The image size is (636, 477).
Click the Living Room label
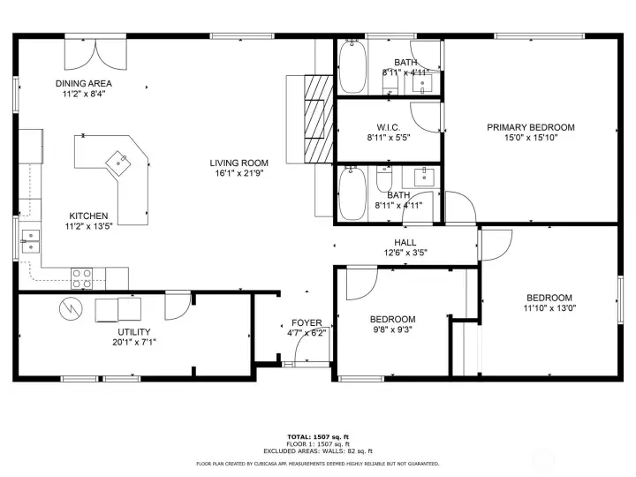(x=238, y=163)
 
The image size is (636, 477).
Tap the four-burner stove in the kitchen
(x=82, y=278)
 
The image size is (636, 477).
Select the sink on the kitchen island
(x=117, y=161)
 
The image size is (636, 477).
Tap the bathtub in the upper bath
(x=353, y=66)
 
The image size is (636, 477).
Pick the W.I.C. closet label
(x=390, y=126)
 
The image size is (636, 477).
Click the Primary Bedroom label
(x=530, y=127)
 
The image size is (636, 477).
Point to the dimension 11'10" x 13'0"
(x=549, y=309)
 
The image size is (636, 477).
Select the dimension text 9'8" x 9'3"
(x=392, y=330)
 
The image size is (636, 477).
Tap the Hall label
(x=405, y=242)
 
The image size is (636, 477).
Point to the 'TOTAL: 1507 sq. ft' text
(x=317, y=437)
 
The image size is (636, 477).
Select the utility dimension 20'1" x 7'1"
(x=134, y=342)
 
